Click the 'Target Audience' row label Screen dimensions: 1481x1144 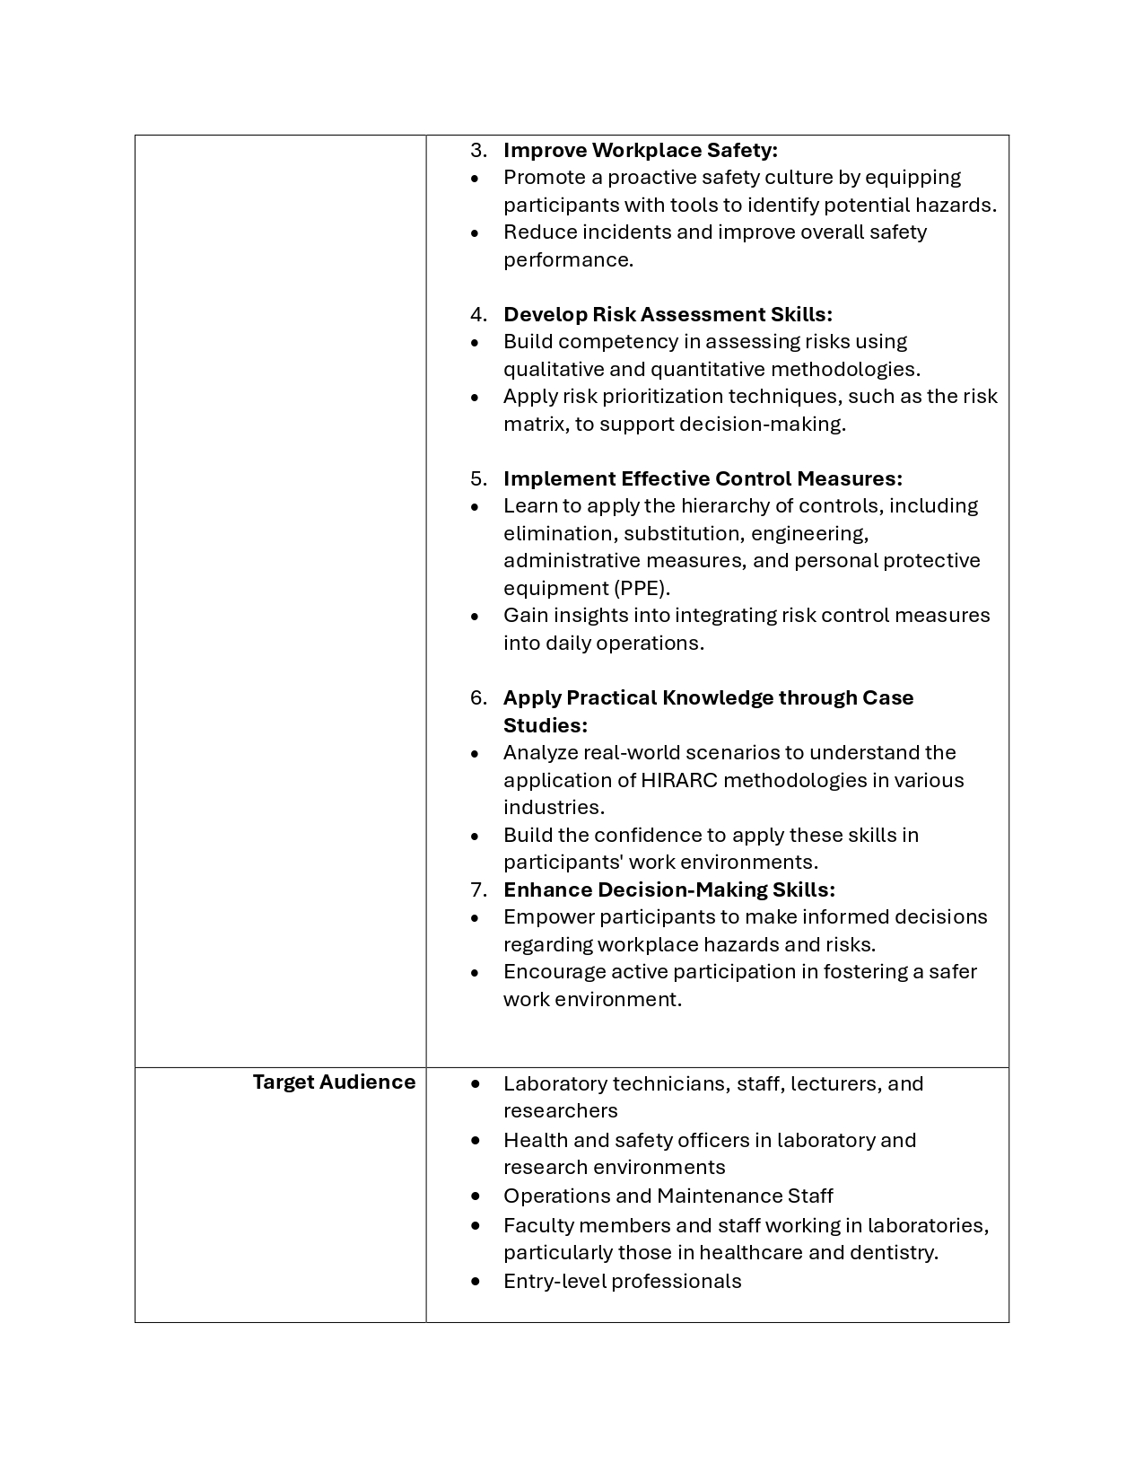[334, 1082]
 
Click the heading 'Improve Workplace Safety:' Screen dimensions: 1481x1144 [640, 150]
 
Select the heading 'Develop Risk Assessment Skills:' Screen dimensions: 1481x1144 [668, 314]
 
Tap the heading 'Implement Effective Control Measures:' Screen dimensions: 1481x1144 [703, 478]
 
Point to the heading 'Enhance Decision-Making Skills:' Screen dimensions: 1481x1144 [668, 889]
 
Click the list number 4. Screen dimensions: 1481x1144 [478, 314]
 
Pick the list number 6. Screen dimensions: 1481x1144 [478, 697]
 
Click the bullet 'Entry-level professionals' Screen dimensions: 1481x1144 [622, 1281]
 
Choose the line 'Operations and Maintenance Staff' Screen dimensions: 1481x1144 [668, 1196]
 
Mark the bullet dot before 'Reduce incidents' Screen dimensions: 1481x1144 [475, 232]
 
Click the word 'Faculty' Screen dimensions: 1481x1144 [535, 1225]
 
